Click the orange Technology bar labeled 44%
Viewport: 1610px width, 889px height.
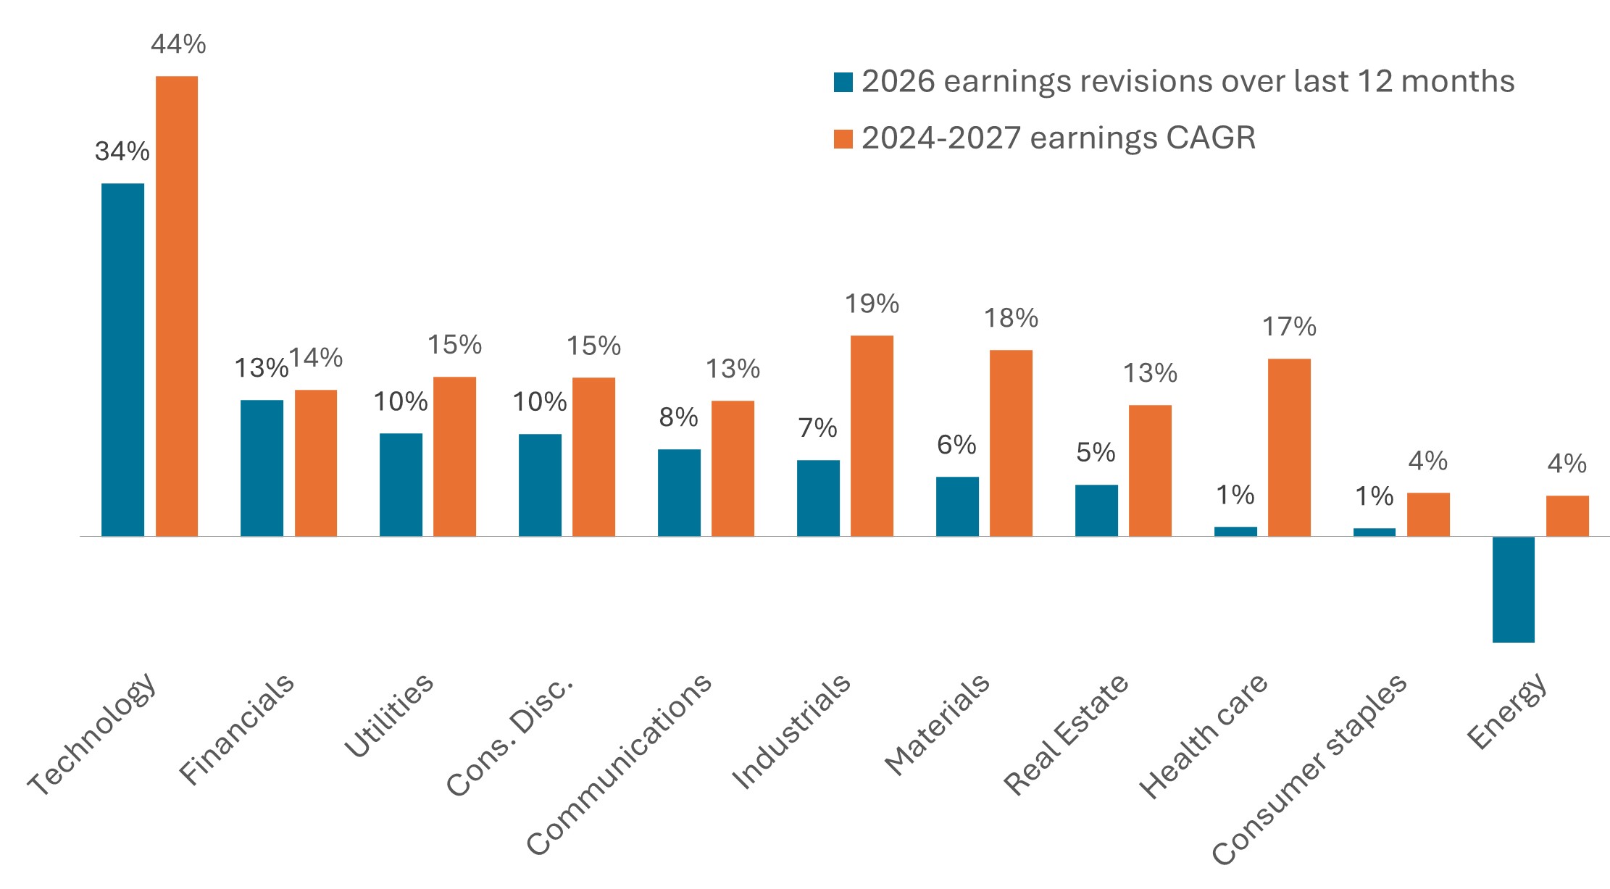pos(177,306)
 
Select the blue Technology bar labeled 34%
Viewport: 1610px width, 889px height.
pos(122,359)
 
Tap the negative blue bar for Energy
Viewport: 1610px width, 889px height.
pos(1513,589)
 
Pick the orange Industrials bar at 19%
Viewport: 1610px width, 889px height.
pos(872,435)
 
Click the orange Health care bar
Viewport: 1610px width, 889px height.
pos(1289,447)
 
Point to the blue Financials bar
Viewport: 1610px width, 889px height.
pos(262,468)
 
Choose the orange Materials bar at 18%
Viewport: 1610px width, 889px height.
pos(1011,443)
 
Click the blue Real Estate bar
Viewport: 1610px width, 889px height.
pos(1096,510)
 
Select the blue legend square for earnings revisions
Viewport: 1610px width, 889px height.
pos(843,82)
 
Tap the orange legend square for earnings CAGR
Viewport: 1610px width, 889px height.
pos(843,138)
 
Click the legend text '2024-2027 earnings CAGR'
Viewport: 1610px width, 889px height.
pos(1059,138)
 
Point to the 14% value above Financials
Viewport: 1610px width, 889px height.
pos(316,358)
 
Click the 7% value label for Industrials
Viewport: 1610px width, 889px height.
pos(817,428)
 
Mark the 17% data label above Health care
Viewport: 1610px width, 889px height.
pos(1289,327)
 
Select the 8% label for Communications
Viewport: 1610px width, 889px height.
pos(678,417)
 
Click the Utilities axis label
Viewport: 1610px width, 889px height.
pos(389,715)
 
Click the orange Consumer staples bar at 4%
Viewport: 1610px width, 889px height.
pos(1428,514)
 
